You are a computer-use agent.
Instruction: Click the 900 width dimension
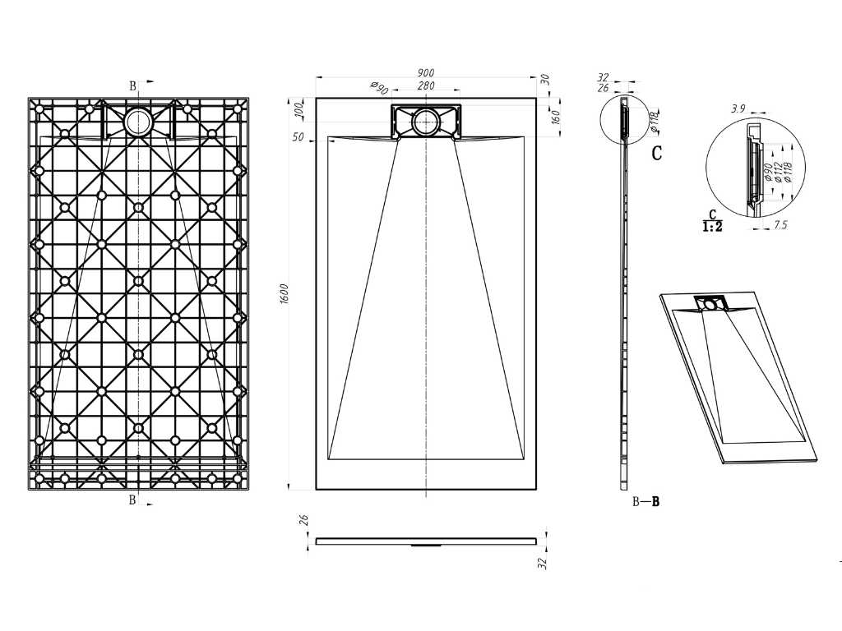coord(425,72)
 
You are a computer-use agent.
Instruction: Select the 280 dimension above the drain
coord(426,85)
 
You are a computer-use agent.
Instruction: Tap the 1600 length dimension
coord(285,293)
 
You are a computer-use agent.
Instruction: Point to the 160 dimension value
coord(556,117)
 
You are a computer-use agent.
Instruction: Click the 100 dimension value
coord(299,110)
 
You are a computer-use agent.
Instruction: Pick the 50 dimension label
coord(298,137)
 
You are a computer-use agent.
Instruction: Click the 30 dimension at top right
coord(544,80)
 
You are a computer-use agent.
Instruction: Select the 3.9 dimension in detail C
coord(738,108)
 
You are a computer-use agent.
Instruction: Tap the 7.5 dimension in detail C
coord(781,224)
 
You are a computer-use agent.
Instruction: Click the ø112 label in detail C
coord(778,171)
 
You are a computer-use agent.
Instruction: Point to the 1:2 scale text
coord(713,227)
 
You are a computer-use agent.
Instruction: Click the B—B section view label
coord(645,502)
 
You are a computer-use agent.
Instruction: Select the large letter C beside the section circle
coord(657,153)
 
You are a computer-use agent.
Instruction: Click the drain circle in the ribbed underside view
coord(138,122)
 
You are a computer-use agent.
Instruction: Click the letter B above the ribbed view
coord(132,85)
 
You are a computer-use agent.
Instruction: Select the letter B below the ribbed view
coord(132,500)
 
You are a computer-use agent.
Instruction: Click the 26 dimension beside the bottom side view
coord(304,520)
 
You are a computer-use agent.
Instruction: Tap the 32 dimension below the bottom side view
coord(543,563)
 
